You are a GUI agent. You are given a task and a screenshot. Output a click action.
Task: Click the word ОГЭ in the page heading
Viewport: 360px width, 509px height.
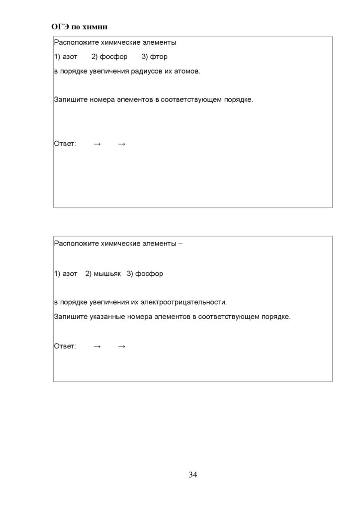[60, 26]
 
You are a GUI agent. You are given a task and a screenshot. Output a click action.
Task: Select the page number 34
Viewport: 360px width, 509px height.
[193, 475]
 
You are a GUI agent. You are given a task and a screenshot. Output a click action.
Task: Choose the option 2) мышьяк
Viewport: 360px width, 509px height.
[103, 274]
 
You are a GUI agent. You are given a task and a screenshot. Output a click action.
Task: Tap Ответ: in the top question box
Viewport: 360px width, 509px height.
[65, 144]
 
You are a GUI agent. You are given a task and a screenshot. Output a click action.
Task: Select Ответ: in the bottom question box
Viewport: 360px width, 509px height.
[65, 346]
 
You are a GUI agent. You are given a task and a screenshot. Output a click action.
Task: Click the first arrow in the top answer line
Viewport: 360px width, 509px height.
[97, 144]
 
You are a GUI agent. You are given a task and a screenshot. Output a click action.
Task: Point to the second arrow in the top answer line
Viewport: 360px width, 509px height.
[122, 144]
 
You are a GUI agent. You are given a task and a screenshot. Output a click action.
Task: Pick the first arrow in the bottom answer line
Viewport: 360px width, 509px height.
[97, 346]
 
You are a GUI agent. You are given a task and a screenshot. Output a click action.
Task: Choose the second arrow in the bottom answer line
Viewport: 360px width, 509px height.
[122, 346]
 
